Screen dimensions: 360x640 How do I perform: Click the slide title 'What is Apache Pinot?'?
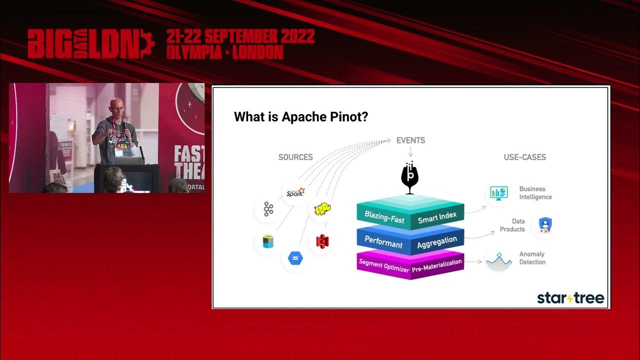[301, 117]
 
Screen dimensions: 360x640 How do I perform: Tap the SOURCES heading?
[295, 157]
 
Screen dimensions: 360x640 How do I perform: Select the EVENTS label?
[410, 140]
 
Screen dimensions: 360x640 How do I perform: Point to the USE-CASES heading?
[524, 157]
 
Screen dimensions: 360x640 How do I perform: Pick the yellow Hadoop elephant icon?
[322, 209]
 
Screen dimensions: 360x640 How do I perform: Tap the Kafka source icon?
[268, 209]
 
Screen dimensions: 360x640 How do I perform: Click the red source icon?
[322, 241]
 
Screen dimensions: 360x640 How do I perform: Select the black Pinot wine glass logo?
[410, 177]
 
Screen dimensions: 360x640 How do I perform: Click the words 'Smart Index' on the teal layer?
[437, 217]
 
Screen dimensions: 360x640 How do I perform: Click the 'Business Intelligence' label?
[535, 193]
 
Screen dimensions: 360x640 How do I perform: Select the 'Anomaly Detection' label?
[532, 258]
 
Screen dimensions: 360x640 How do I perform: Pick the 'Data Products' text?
[512, 225]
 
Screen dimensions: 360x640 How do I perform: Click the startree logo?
[570, 298]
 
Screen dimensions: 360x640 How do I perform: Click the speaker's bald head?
[116, 105]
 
